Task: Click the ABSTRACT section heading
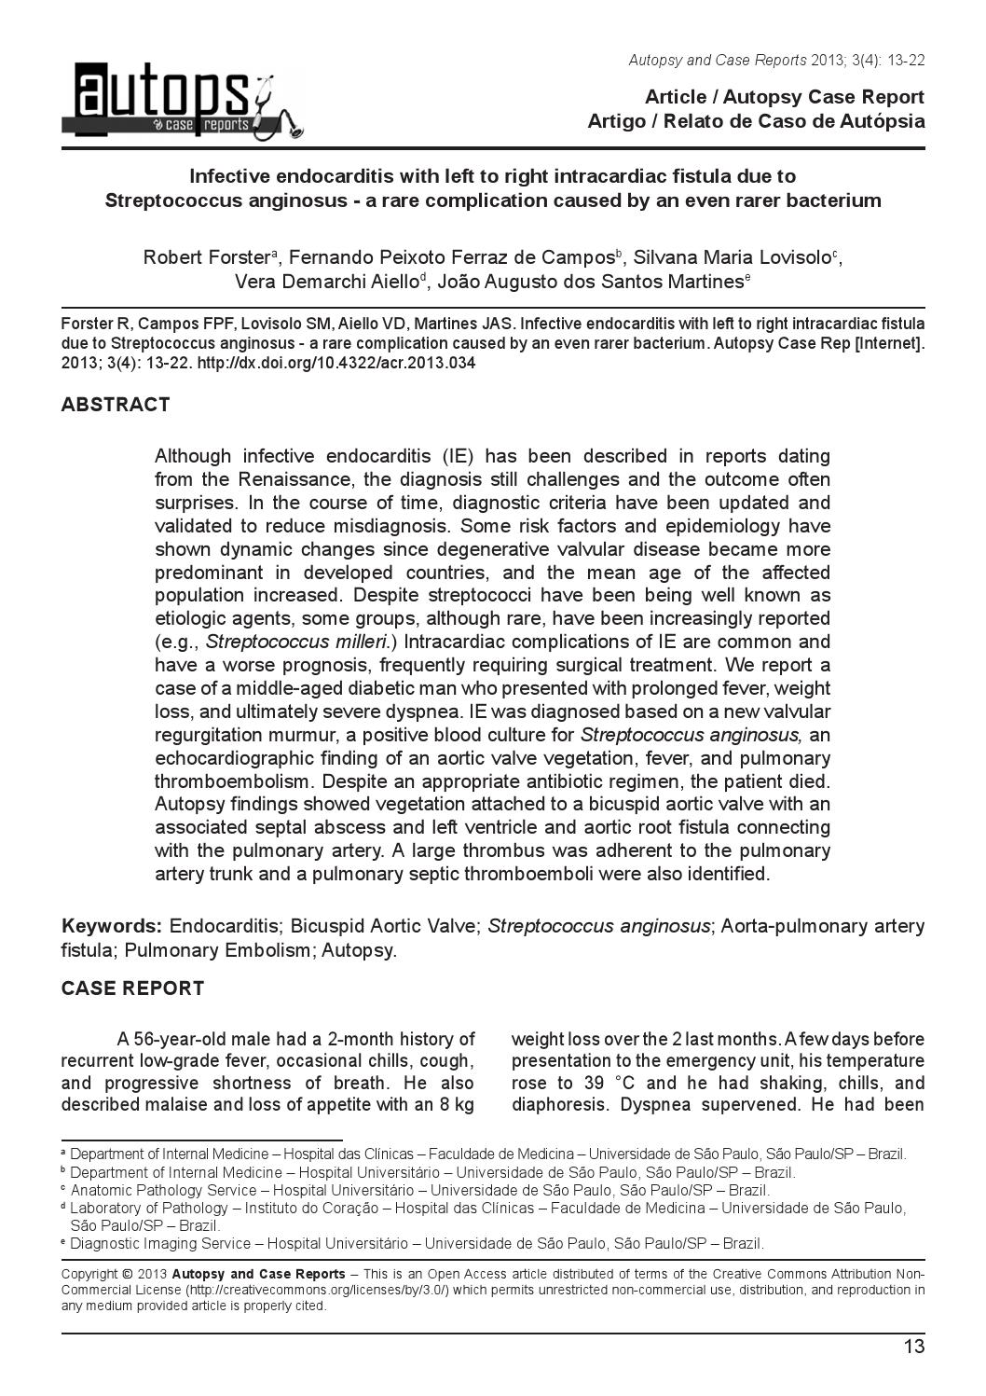click(116, 405)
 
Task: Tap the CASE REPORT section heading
click(132, 988)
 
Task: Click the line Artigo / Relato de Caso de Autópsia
click(756, 121)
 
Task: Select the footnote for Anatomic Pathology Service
click(419, 1190)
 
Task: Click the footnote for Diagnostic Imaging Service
click(417, 1243)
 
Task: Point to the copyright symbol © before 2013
click(126, 1274)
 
